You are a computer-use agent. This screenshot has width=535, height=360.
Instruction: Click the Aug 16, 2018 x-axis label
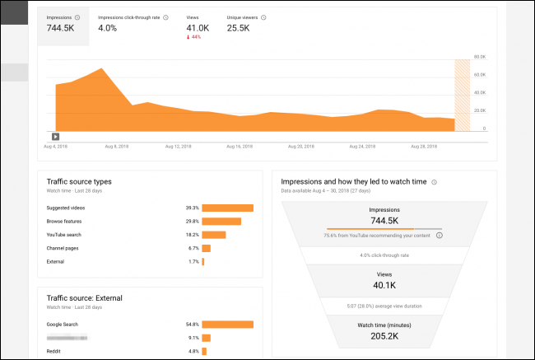point(239,147)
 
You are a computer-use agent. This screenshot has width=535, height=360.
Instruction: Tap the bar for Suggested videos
point(227,208)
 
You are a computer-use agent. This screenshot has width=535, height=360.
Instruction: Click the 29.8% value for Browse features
point(192,221)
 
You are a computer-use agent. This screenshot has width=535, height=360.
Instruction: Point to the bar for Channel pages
point(206,247)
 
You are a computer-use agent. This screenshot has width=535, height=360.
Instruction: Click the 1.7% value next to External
point(193,261)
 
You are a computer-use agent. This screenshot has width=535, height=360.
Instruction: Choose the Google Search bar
point(227,324)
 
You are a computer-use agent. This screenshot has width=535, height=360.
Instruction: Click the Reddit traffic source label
point(54,351)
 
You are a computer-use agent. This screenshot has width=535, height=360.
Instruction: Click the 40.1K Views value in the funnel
point(384,285)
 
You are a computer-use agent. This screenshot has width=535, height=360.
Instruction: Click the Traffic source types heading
point(79,181)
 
